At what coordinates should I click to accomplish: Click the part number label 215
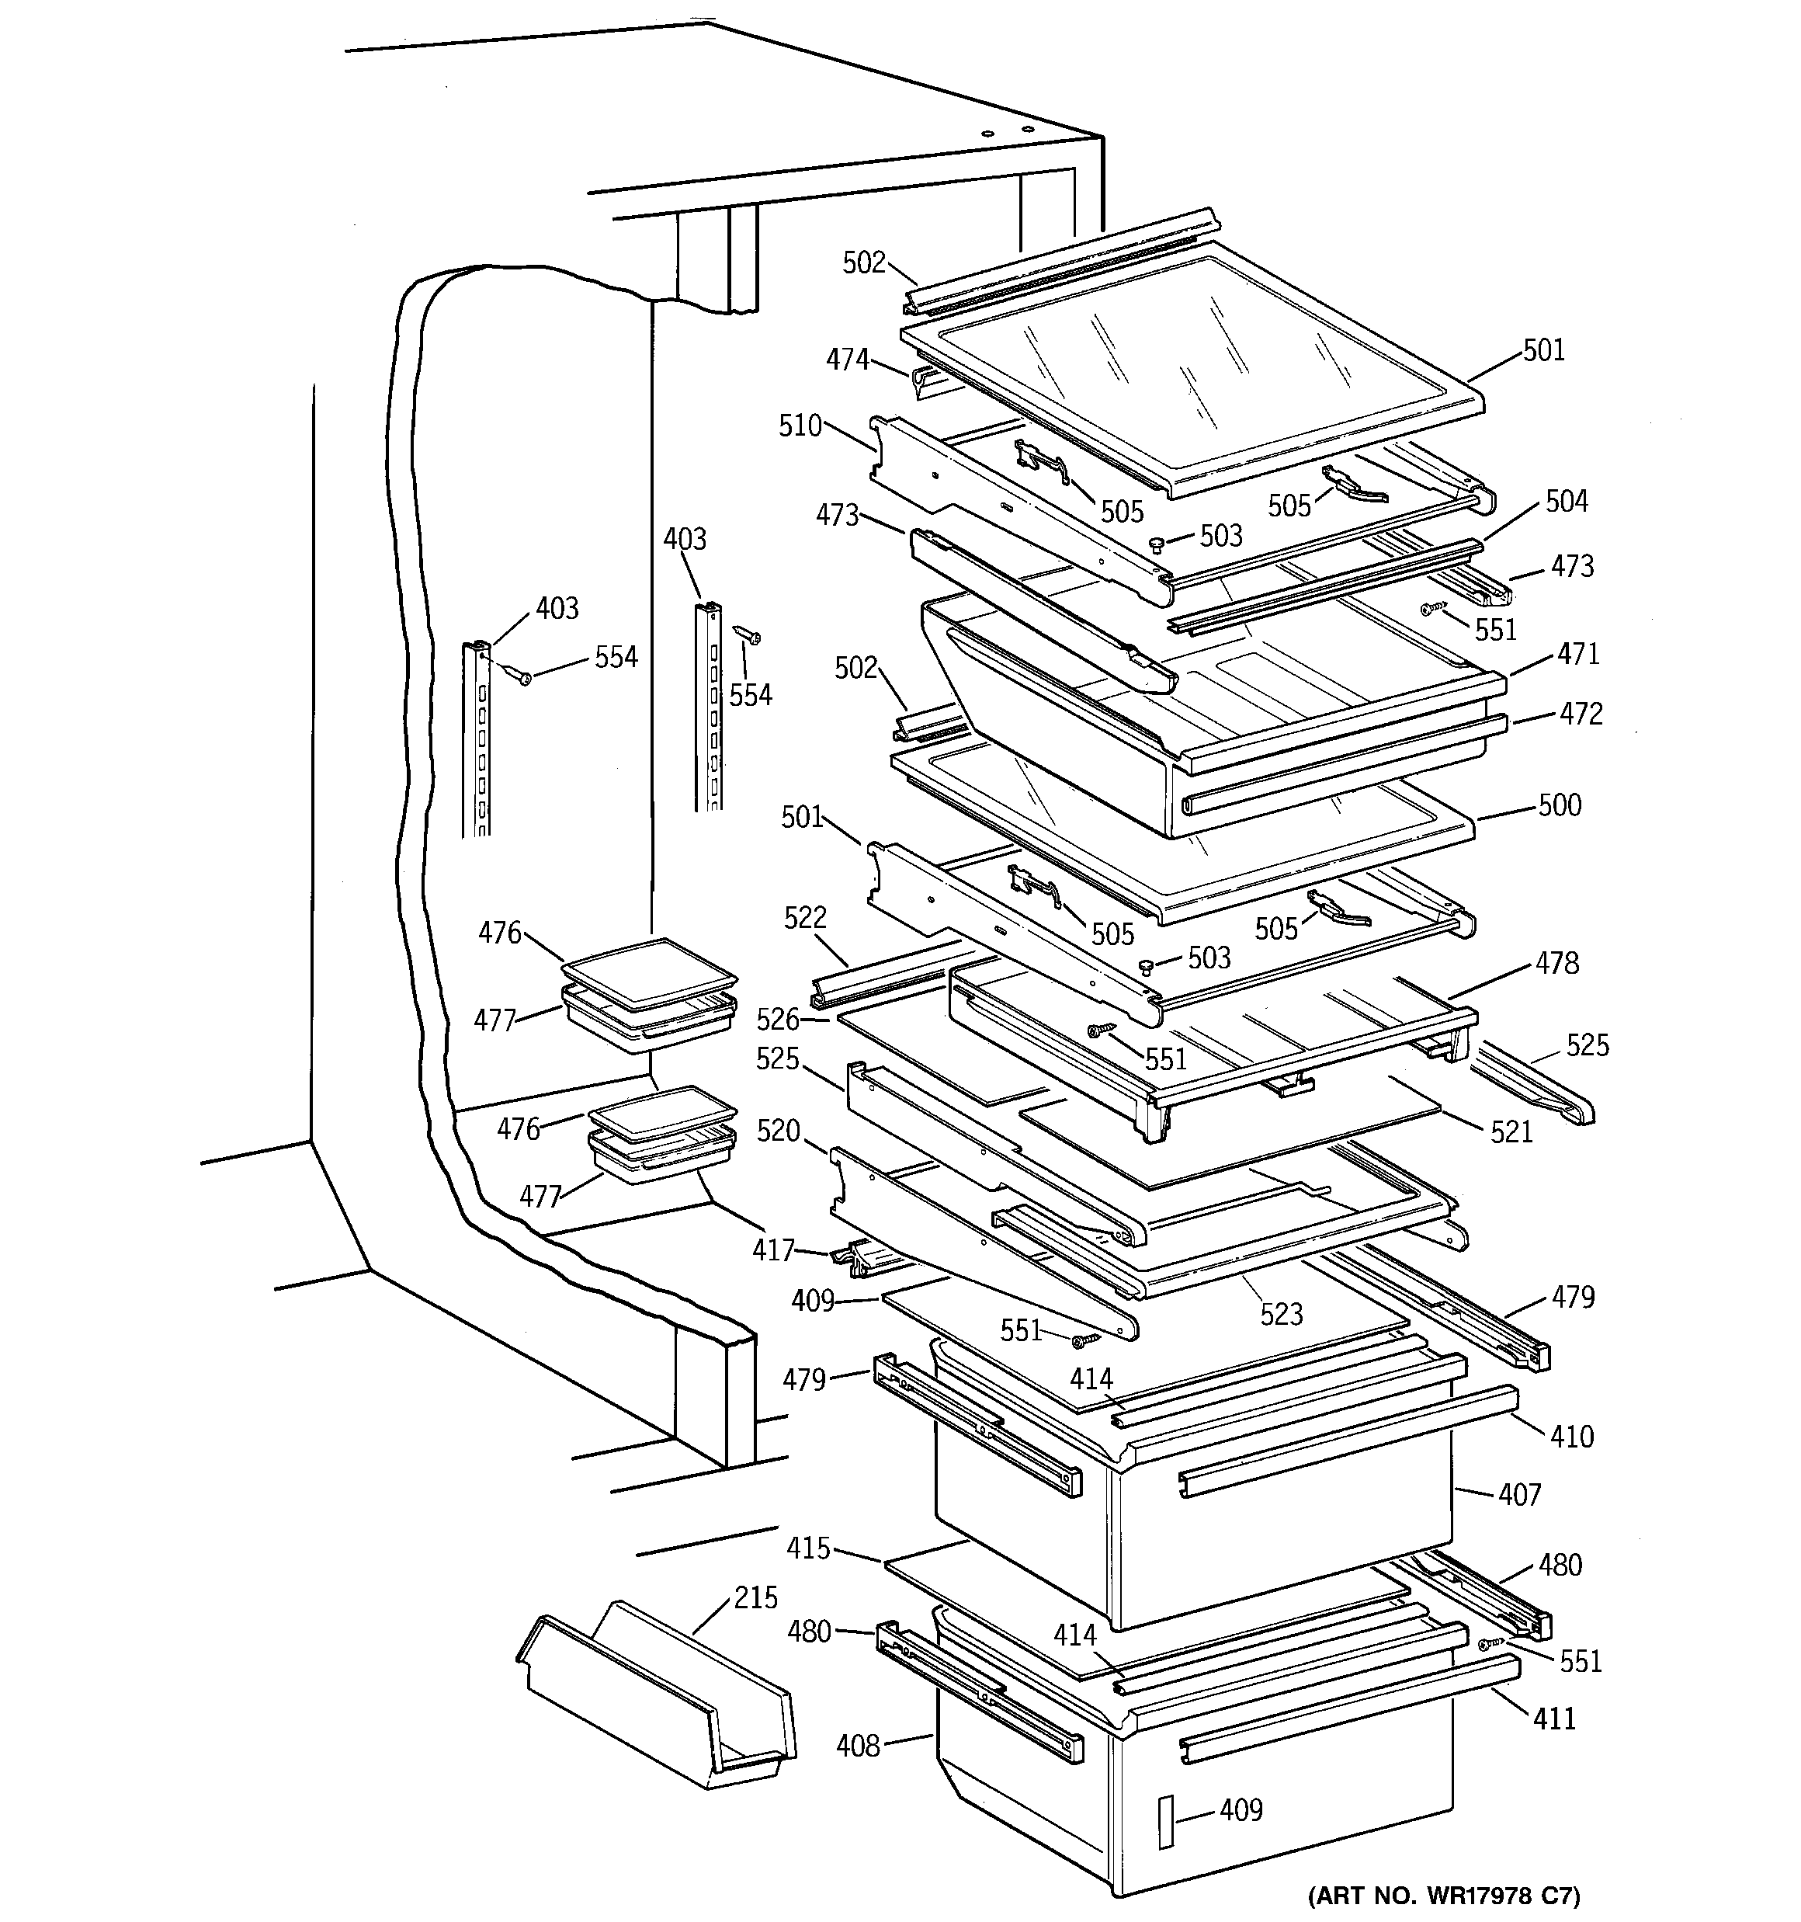(755, 1598)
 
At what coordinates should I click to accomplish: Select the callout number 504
(1566, 501)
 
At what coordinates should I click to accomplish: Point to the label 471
(1577, 655)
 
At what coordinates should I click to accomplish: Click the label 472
(1581, 714)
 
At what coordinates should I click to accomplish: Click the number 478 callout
(1556, 963)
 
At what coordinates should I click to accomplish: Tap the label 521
(1511, 1131)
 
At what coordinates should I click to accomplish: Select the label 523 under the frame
(1281, 1314)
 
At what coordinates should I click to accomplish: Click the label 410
(1571, 1437)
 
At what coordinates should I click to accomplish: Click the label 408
(858, 1745)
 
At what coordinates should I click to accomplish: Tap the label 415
(808, 1548)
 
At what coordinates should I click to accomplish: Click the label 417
(773, 1251)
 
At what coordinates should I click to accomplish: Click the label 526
(777, 1019)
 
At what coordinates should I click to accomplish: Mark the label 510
(800, 426)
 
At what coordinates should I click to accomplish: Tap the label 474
(847, 360)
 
